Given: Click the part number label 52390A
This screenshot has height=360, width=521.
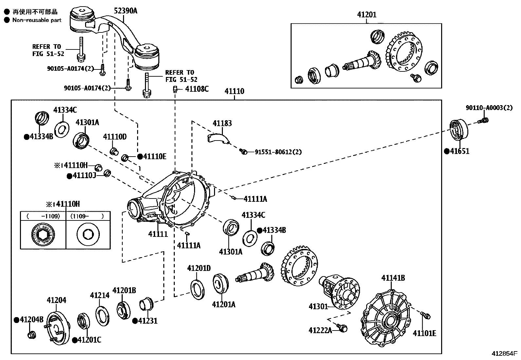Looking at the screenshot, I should [125, 11].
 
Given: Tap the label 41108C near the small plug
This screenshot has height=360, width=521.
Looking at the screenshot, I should [197, 89].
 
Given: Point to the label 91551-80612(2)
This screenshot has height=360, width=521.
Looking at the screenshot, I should [278, 152].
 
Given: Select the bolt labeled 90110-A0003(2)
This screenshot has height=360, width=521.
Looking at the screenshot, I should [484, 121].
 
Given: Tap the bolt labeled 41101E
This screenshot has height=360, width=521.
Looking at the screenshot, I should [426, 315].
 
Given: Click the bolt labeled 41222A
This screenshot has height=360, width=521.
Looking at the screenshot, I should [343, 327].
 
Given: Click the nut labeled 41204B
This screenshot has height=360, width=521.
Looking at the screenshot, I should [32, 335].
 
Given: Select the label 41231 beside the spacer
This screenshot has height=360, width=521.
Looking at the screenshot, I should [148, 321].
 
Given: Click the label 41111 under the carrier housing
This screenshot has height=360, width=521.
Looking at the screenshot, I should [158, 234].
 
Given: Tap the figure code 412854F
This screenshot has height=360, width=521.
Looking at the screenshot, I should [504, 354].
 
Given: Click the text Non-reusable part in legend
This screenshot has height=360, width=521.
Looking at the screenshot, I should [37, 20].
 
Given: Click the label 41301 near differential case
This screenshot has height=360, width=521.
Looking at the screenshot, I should [318, 306].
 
